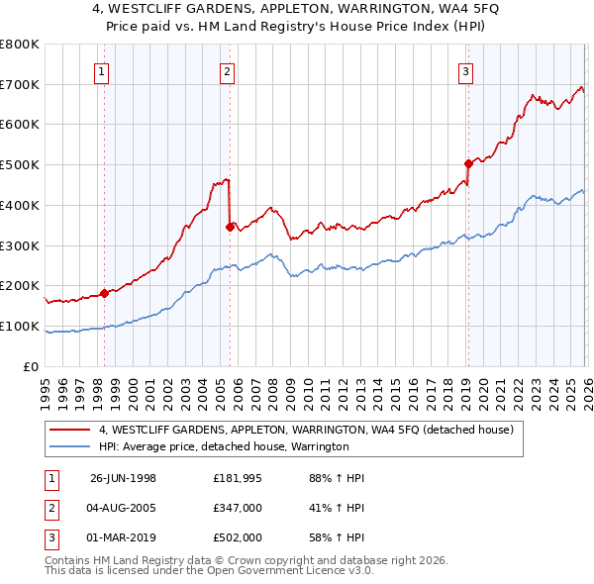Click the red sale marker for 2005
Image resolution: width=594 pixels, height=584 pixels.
click(x=230, y=227)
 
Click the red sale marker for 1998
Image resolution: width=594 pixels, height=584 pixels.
click(x=105, y=293)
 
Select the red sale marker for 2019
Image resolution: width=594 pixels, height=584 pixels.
click(x=467, y=164)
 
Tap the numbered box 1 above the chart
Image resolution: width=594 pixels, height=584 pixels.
click(x=103, y=70)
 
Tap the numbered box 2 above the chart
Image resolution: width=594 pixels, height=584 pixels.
click(x=228, y=70)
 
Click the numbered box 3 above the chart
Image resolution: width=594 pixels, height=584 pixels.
click(x=465, y=70)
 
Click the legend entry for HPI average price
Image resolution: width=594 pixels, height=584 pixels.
click(x=224, y=447)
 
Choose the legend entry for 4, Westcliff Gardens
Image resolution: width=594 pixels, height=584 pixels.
click(x=305, y=431)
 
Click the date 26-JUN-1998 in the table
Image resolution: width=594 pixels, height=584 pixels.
click(x=123, y=478)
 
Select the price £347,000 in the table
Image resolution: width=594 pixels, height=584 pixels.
click(x=238, y=509)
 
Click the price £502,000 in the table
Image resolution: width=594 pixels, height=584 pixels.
click(x=238, y=539)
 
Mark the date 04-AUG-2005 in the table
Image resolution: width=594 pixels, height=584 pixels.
click(x=123, y=509)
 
